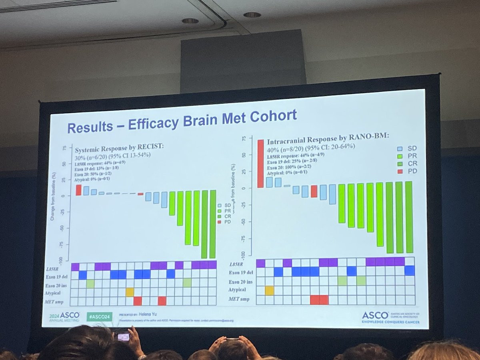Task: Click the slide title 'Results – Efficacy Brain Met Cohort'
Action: (x=182, y=120)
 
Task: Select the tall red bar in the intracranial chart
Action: (x=260, y=163)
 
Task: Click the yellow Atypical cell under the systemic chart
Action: (x=130, y=292)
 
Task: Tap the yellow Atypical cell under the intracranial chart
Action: (x=269, y=290)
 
